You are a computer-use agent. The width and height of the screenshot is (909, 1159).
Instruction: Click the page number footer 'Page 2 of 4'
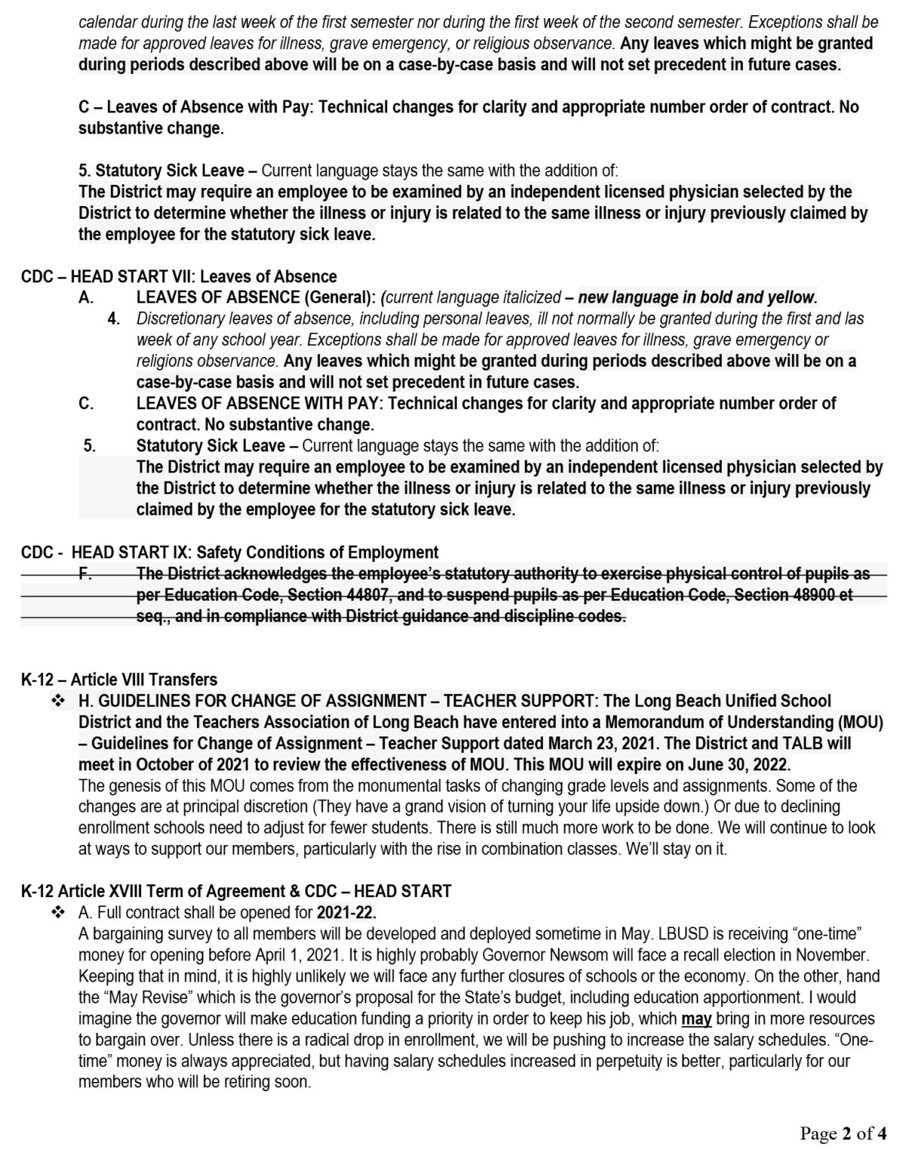click(x=843, y=1133)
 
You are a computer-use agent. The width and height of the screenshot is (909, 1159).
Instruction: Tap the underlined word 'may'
click(x=696, y=1019)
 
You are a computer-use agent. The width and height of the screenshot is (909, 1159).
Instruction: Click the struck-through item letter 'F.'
click(x=87, y=573)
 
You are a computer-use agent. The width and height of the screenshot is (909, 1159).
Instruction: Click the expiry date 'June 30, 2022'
click(x=741, y=764)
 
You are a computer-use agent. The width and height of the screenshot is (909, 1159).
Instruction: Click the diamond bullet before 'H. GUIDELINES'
click(x=58, y=701)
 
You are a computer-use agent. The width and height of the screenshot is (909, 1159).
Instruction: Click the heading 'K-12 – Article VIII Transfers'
click(x=119, y=679)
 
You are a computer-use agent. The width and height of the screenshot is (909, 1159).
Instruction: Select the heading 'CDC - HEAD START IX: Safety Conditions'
click(x=229, y=552)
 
